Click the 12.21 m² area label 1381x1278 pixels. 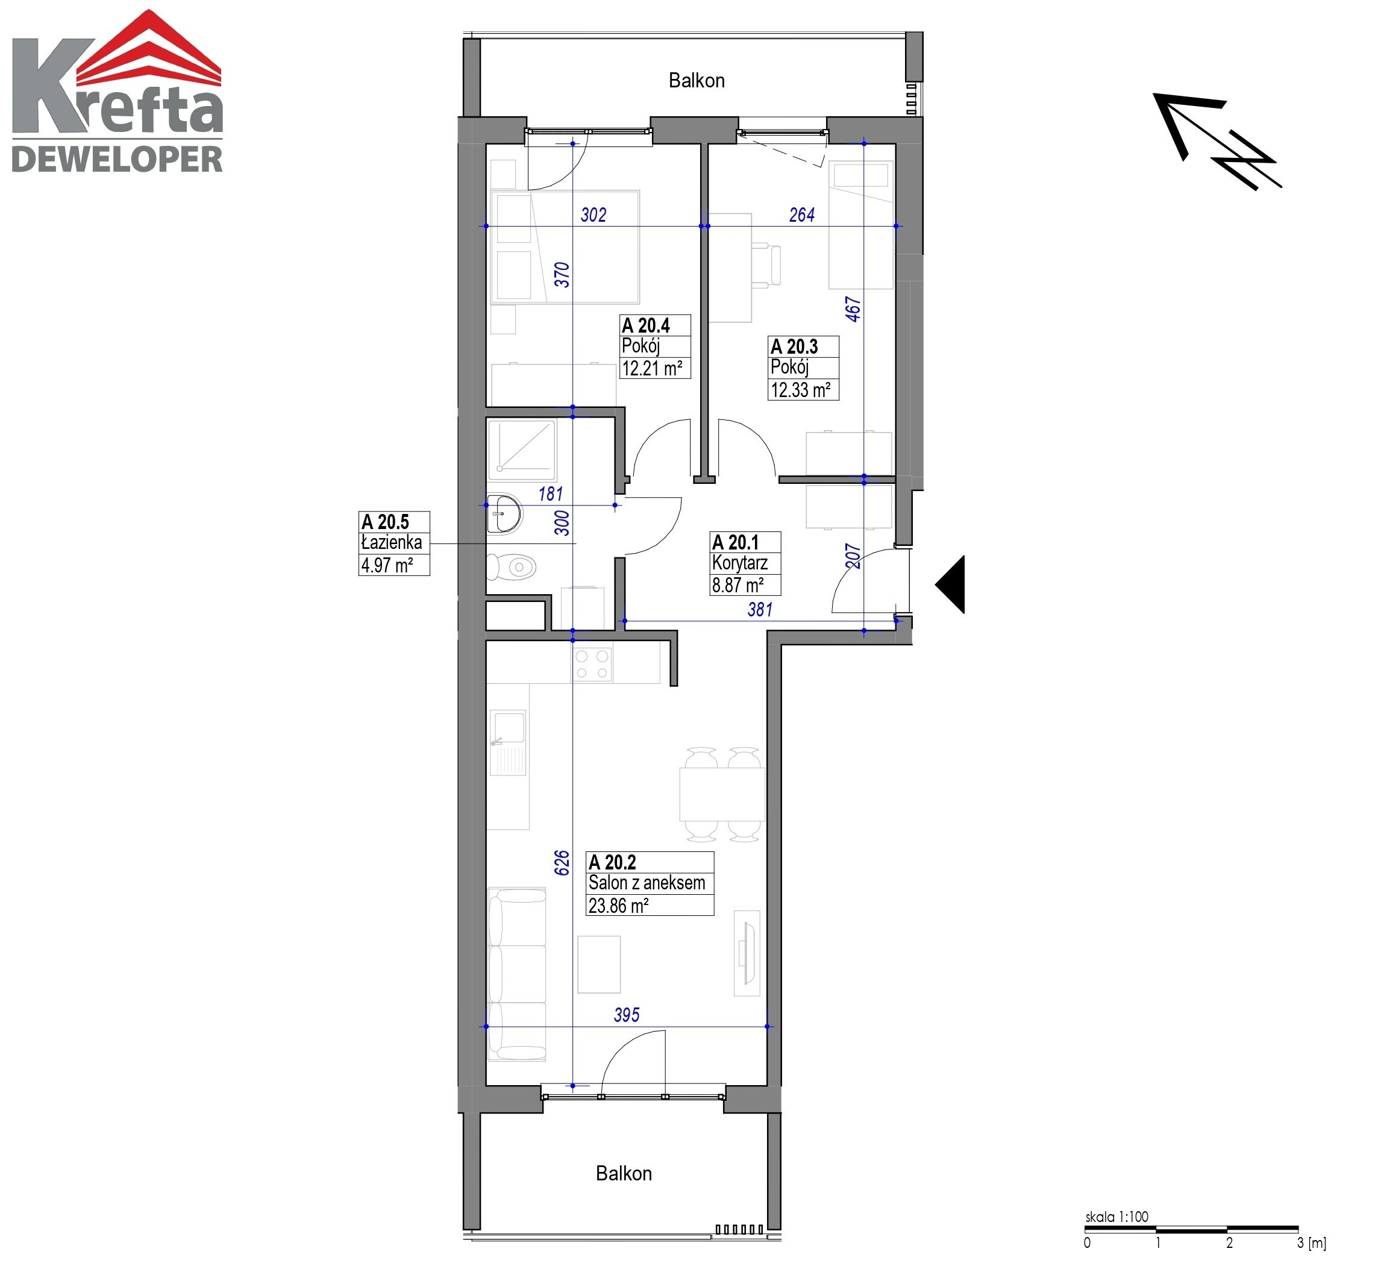[652, 368]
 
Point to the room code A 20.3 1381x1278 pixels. [794, 346]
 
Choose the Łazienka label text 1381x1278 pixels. [392, 543]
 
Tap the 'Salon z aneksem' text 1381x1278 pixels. [647, 883]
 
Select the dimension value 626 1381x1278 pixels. [562, 863]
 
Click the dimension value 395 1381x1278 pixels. [627, 1015]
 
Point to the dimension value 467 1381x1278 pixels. [853, 309]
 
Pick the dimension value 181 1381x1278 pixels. [551, 493]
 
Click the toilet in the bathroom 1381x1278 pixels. [512, 568]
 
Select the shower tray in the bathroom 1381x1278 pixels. [522, 449]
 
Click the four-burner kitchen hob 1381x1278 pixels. [592, 663]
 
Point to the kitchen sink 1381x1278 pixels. [509, 743]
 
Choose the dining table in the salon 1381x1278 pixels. [722, 794]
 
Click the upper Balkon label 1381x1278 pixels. [697, 81]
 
